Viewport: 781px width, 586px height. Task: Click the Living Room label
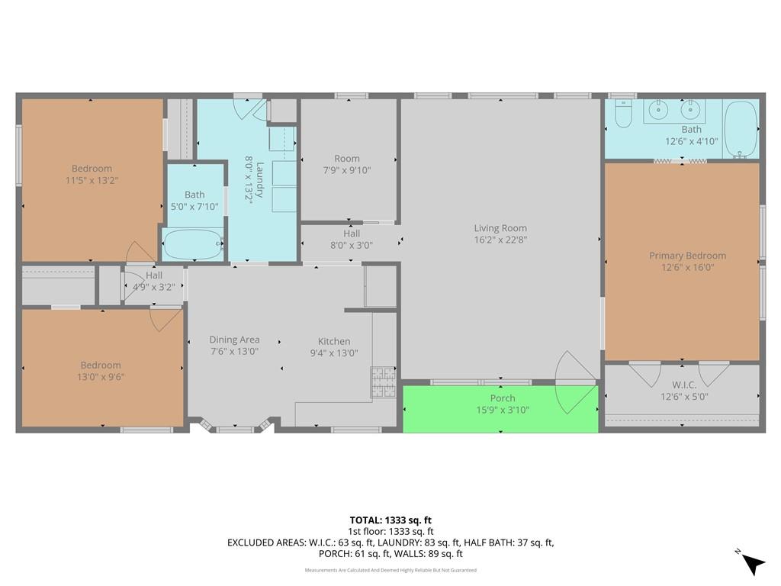click(500, 228)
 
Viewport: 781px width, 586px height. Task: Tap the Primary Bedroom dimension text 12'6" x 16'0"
click(687, 268)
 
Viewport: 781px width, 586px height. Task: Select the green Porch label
click(503, 398)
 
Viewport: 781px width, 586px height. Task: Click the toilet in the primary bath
click(623, 113)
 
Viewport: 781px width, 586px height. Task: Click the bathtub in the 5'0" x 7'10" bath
click(193, 243)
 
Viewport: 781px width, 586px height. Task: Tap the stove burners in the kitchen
click(383, 382)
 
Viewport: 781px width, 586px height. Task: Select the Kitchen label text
click(334, 341)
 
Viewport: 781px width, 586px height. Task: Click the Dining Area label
click(234, 340)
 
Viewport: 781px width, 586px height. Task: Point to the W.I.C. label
click(684, 385)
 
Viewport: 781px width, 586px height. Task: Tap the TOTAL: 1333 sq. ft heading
click(390, 520)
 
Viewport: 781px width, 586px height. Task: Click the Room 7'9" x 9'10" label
click(347, 165)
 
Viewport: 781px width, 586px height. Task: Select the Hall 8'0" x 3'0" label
click(352, 239)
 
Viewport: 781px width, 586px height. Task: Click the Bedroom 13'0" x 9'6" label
click(101, 372)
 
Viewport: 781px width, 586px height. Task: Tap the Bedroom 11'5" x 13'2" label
click(92, 175)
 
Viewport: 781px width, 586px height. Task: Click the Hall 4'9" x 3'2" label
click(154, 281)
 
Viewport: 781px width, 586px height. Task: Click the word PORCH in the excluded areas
click(334, 554)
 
